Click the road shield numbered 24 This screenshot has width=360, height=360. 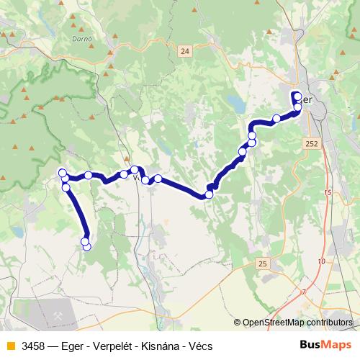185,50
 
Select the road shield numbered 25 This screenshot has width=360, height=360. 262,264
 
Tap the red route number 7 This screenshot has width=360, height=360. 304,292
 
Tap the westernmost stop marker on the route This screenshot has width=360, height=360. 61,172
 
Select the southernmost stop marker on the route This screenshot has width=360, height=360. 87,246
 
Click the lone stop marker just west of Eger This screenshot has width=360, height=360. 276,118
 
